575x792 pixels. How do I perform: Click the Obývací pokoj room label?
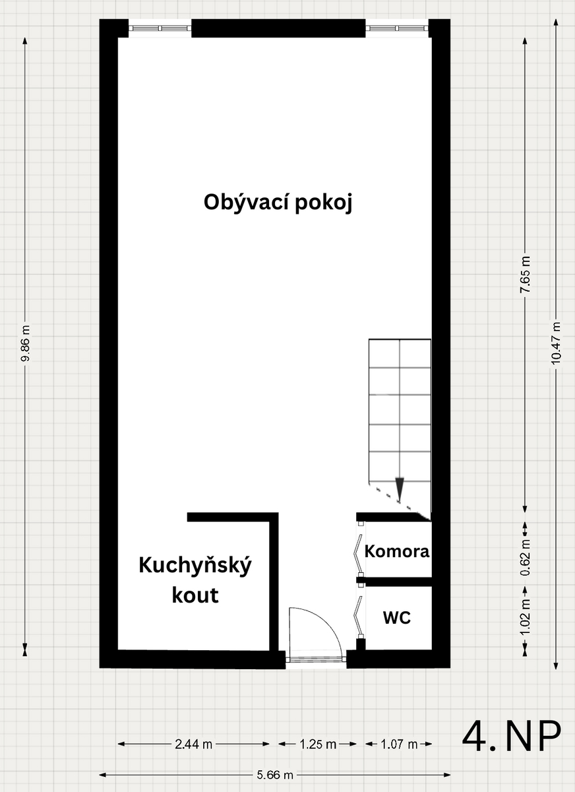tap(278, 203)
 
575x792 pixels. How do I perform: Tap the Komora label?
tap(397, 551)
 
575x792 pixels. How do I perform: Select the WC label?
tap(397, 617)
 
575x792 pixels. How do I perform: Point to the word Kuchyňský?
tap(195, 566)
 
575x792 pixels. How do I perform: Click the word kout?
tap(195, 595)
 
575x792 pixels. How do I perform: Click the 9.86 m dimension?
tap(25, 343)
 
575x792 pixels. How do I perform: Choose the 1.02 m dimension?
tap(526, 616)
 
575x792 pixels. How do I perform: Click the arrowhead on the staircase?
tap(400, 489)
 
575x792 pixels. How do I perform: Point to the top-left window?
tap(160, 28)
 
